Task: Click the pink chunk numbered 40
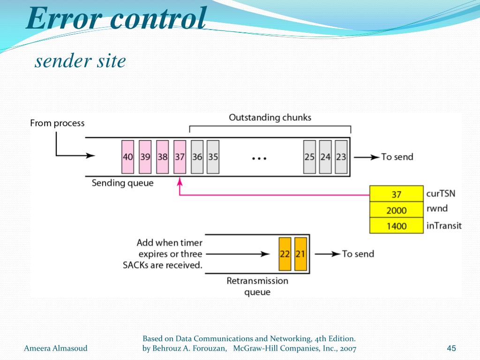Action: pos(127,157)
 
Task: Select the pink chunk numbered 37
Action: pos(180,157)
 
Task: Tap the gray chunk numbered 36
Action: pos(197,157)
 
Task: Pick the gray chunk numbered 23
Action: pos(341,157)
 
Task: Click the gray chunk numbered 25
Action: pos(309,157)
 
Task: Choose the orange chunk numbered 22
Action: pos(285,254)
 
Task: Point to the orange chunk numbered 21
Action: pos(300,254)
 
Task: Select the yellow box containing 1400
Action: pos(397,226)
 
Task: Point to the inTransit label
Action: pos(443,226)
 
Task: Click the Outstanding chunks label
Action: pos(270,118)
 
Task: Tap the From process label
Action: pos(57,123)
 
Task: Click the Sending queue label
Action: pos(122,183)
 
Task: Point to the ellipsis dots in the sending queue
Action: pos(259,158)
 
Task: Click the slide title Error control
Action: pos(116,20)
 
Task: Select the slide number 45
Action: pos(451,348)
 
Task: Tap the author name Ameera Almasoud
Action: pos(55,348)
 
